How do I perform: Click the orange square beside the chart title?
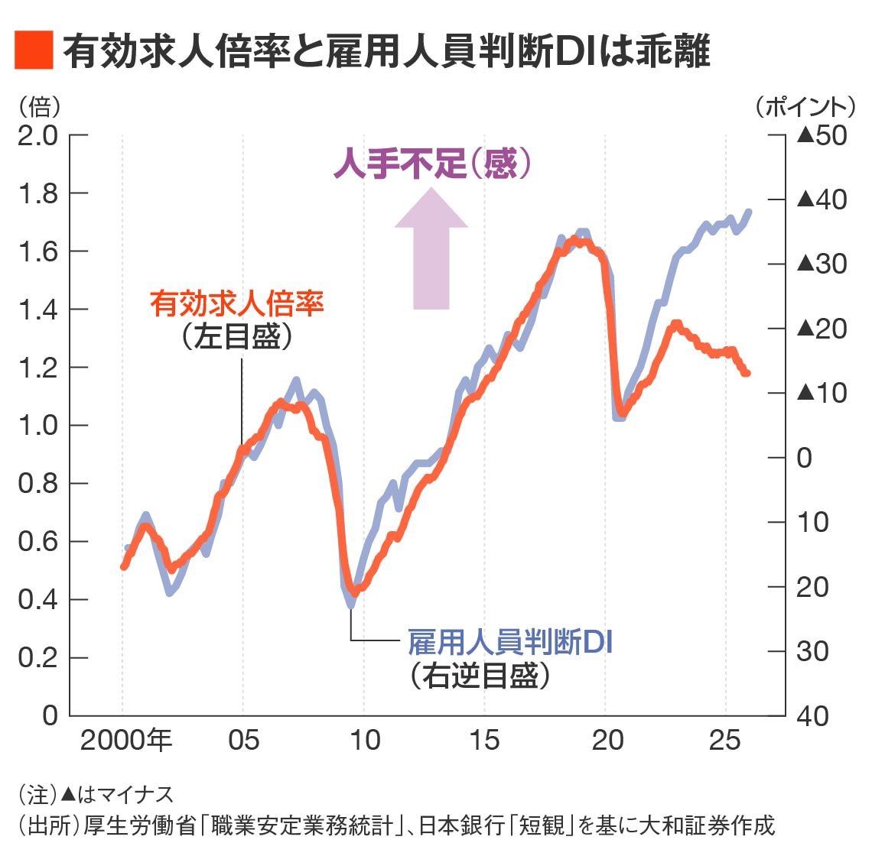click(x=34, y=51)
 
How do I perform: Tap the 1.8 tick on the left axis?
click(x=38, y=193)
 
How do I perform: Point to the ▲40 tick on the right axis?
click(x=822, y=199)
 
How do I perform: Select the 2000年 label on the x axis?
click(x=126, y=740)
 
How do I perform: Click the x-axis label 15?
click(x=484, y=740)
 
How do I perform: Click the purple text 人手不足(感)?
click(x=432, y=164)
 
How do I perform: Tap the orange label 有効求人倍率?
click(x=237, y=303)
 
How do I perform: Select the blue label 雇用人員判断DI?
click(x=509, y=642)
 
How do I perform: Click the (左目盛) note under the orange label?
click(x=237, y=337)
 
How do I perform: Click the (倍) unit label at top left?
click(x=38, y=105)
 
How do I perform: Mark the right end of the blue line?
click(x=748, y=212)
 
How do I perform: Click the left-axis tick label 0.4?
click(x=38, y=600)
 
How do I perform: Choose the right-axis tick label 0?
click(x=803, y=457)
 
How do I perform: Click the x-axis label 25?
click(x=724, y=740)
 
